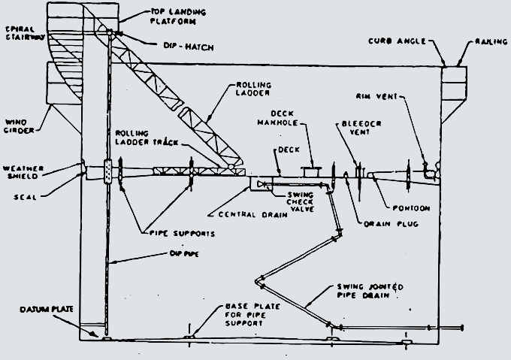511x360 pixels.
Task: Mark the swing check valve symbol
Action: click(262, 183)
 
